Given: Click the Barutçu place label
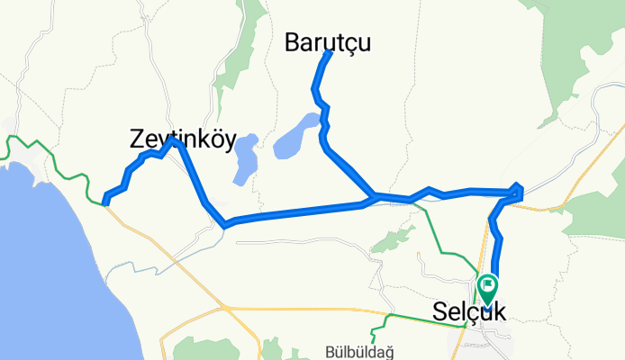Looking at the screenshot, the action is [x=328, y=41].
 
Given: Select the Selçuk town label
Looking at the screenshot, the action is [x=469, y=311].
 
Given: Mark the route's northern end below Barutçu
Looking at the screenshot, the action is [x=329, y=54].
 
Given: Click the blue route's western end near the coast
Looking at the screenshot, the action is [x=106, y=201].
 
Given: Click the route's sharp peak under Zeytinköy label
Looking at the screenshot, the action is [x=176, y=141].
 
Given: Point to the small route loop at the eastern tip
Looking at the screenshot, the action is [x=517, y=190].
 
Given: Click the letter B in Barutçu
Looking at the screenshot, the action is [x=294, y=41].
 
